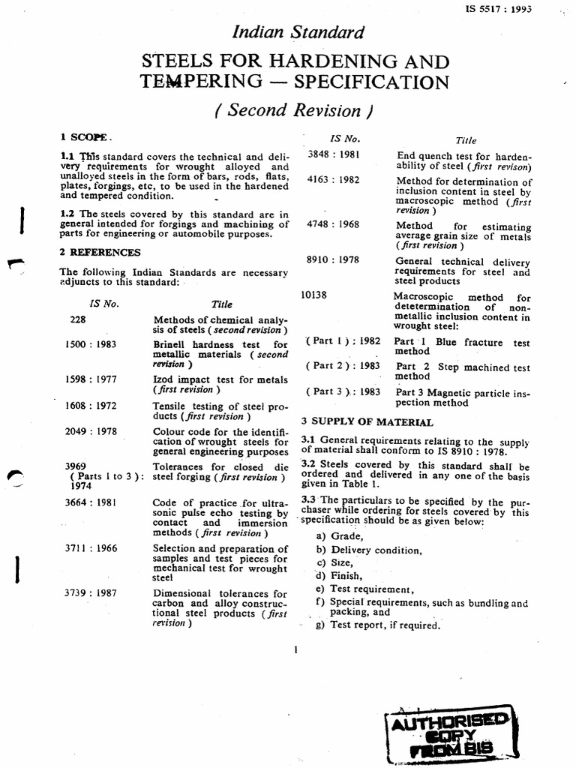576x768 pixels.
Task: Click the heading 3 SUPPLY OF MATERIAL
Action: tap(367, 422)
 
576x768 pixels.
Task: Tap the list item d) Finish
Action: tap(341, 575)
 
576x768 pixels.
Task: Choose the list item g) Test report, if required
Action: tap(377, 625)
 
